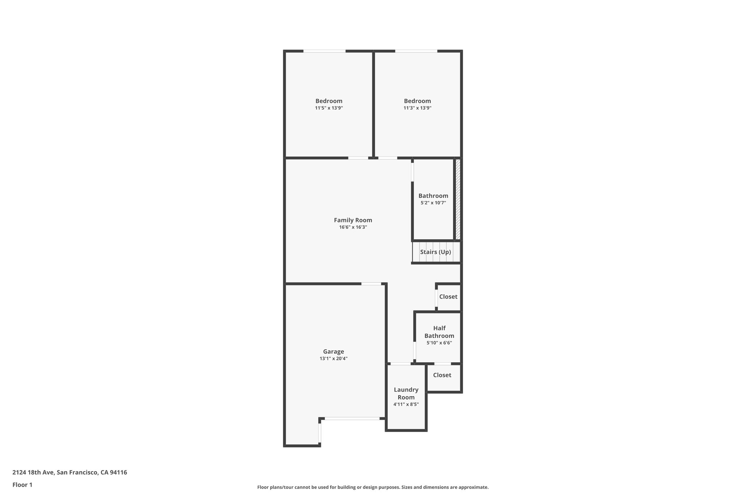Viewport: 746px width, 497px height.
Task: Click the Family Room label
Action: point(353,220)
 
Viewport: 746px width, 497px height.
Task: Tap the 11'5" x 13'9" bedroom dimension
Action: point(329,108)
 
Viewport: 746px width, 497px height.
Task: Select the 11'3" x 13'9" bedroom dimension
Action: point(417,108)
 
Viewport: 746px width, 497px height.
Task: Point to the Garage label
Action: point(333,351)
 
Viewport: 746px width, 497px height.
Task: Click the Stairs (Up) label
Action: point(435,252)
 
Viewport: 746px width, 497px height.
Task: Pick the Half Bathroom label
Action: point(439,332)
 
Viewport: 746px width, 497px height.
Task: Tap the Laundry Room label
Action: point(406,393)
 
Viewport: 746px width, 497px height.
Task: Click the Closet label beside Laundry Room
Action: point(442,375)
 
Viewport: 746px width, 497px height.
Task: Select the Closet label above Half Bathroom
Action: point(448,296)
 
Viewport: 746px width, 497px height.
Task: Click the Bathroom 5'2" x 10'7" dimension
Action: point(433,203)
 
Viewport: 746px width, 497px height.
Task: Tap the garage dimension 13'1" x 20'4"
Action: point(333,359)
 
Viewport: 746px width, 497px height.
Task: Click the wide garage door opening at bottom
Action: point(352,419)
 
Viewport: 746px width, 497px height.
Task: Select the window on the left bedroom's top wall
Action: point(324,51)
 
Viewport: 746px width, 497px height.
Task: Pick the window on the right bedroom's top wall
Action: point(416,51)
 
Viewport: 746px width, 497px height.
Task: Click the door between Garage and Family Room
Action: point(371,284)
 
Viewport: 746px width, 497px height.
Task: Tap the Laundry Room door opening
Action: point(400,363)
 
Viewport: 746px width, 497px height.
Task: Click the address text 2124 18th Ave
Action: point(70,473)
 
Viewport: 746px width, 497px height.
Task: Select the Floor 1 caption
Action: point(22,485)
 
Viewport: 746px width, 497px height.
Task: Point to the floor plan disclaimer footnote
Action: point(373,487)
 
